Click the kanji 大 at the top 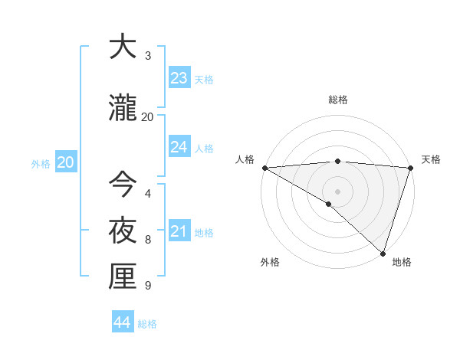click(x=123, y=47)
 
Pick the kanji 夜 click(x=123, y=230)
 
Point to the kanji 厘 click(x=123, y=277)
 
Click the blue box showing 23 click(x=179, y=78)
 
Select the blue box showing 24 click(x=179, y=147)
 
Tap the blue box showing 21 click(x=179, y=231)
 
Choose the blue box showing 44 click(x=123, y=322)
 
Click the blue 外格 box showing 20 click(x=66, y=162)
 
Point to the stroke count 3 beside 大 click(x=148, y=56)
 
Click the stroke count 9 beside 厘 click(x=148, y=286)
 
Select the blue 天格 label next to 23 click(x=204, y=80)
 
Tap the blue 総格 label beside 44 click(x=147, y=324)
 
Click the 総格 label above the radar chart click(x=337, y=100)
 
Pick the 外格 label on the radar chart click(x=270, y=263)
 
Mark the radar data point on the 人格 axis click(x=264, y=167)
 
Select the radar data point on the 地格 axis click(x=383, y=254)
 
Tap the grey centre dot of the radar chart click(x=337, y=191)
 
